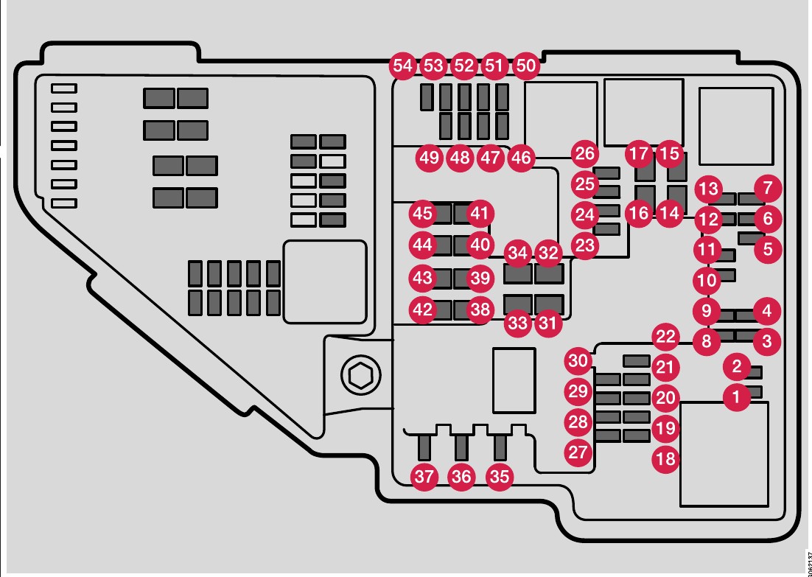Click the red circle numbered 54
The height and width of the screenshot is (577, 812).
[403, 66]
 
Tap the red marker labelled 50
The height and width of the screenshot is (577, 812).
[525, 66]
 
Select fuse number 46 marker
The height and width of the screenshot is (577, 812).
[520, 157]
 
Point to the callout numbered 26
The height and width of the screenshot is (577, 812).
[584, 154]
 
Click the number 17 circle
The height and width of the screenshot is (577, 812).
[639, 154]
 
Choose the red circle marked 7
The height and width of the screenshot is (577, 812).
[767, 187]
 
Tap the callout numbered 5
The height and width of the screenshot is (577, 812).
[767, 249]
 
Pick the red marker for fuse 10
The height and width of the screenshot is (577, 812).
[707, 280]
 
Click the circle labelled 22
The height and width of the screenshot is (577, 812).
[665, 338]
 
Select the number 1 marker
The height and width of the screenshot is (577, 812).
[735, 398]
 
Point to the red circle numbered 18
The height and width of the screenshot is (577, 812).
[665, 459]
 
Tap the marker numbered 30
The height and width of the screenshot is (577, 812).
[579, 361]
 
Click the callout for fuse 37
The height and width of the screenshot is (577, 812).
[424, 476]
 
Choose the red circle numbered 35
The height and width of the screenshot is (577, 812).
[500, 476]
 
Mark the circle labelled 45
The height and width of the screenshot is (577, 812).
[422, 214]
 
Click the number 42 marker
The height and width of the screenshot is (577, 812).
[422, 310]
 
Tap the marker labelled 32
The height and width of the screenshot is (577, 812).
[548, 253]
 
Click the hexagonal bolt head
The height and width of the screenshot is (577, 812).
[360, 376]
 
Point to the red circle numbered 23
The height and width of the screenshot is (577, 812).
[584, 245]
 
